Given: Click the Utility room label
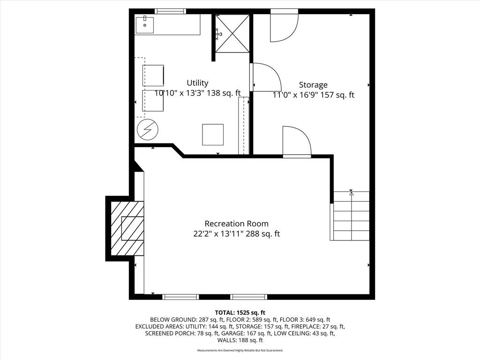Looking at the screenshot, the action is point(197,83).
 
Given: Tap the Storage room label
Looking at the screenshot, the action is point(313,85).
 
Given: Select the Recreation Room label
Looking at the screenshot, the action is point(237,224).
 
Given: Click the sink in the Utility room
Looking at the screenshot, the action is point(144,24).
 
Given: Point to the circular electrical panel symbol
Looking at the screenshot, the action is point(148,130).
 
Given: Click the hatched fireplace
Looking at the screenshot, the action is point(127,228).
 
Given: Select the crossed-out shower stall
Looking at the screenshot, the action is point(232,33).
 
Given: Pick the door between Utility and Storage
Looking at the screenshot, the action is point(265,77).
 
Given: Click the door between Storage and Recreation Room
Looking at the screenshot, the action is point(297,142).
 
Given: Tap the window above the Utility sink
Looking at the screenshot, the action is point(170,11).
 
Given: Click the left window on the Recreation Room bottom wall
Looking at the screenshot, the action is point(180,297).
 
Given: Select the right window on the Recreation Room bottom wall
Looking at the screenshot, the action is point(248,297).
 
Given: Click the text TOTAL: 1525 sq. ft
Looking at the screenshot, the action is point(240,313).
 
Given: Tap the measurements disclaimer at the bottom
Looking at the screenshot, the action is point(240,350).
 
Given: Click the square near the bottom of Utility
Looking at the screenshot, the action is point(213,135).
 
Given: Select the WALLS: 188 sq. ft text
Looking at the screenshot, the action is point(240,340).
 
